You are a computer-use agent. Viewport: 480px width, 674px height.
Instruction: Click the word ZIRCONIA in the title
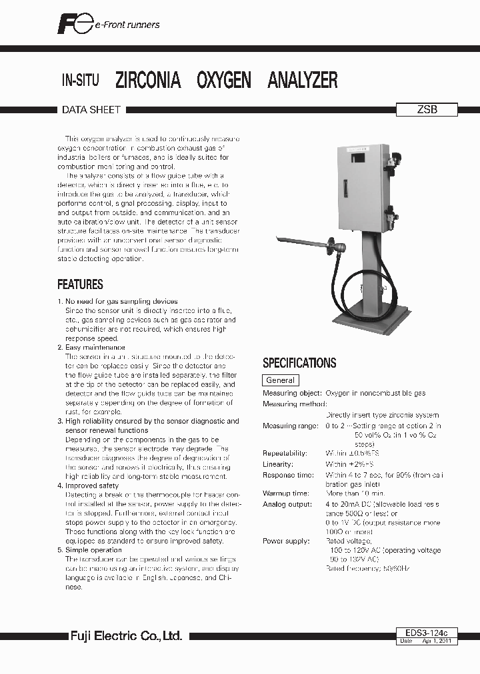[x=148, y=81]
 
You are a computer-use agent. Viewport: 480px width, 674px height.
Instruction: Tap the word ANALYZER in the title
[x=302, y=81]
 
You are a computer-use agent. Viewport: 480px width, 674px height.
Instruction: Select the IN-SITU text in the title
[x=80, y=81]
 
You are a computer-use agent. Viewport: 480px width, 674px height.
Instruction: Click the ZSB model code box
[x=427, y=110]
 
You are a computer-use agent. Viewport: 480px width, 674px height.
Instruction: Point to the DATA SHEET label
[x=91, y=110]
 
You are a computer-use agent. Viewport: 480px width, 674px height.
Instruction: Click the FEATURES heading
[x=80, y=284]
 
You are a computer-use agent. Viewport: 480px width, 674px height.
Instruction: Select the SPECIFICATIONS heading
[x=299, y=363]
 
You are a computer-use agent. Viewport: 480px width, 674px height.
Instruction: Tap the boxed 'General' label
[x=280, y=380]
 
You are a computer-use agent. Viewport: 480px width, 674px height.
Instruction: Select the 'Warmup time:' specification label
[x=286, y=494]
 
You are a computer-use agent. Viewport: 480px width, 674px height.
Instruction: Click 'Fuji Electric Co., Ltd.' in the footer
[x=127, y=637]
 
